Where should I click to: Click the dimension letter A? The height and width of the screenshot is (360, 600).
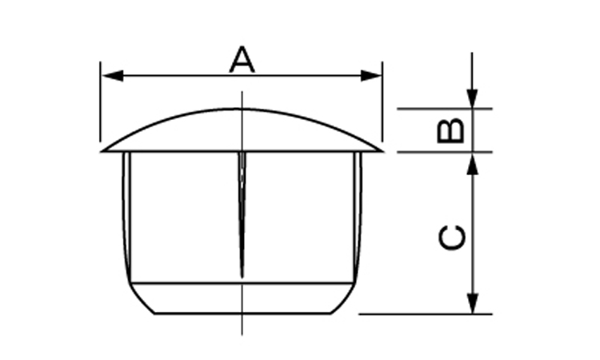242,60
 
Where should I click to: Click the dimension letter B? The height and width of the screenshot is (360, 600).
450,131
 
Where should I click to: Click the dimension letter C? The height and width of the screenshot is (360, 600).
451,238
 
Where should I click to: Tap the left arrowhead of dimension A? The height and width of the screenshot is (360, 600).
113,76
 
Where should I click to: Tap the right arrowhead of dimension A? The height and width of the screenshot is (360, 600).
371,76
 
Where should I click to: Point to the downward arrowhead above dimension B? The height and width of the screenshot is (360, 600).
472,98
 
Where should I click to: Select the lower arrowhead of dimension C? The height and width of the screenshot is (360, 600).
474,303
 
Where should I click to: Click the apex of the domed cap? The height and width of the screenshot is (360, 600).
242,109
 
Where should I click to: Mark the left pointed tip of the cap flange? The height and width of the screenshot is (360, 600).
102,151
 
